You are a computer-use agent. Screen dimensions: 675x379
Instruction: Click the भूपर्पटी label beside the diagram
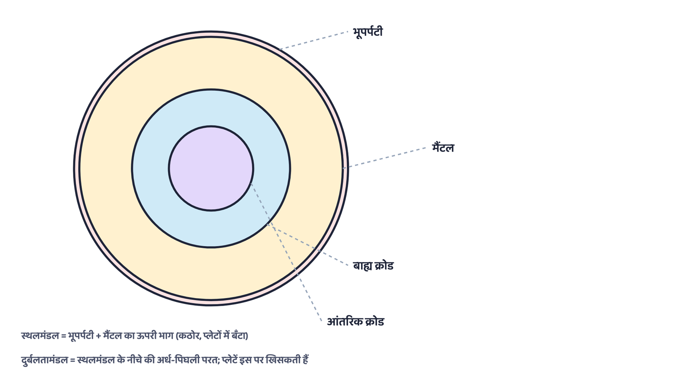[367, 32]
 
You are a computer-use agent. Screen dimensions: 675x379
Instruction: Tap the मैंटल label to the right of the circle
[443, 148]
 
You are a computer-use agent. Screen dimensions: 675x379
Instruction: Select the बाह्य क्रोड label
[373, 266]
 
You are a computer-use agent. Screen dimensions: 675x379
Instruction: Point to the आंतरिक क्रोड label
[356, 322]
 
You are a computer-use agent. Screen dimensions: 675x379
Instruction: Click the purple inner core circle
[211, 169]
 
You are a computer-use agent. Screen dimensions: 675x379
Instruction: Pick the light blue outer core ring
[151, 169]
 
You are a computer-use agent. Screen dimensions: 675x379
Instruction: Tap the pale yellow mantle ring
[105, 169]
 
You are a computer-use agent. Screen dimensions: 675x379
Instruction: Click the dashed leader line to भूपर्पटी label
[314, 40]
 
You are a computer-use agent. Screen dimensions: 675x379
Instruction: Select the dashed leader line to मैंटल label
[384, 157]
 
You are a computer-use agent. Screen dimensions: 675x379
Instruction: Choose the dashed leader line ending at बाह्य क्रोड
[308, 245]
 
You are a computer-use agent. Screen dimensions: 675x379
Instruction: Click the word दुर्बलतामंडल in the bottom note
[45, 360]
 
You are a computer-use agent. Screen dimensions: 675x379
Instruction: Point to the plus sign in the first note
[99, 336]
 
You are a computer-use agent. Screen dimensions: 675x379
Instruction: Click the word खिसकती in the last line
[282, 360]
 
